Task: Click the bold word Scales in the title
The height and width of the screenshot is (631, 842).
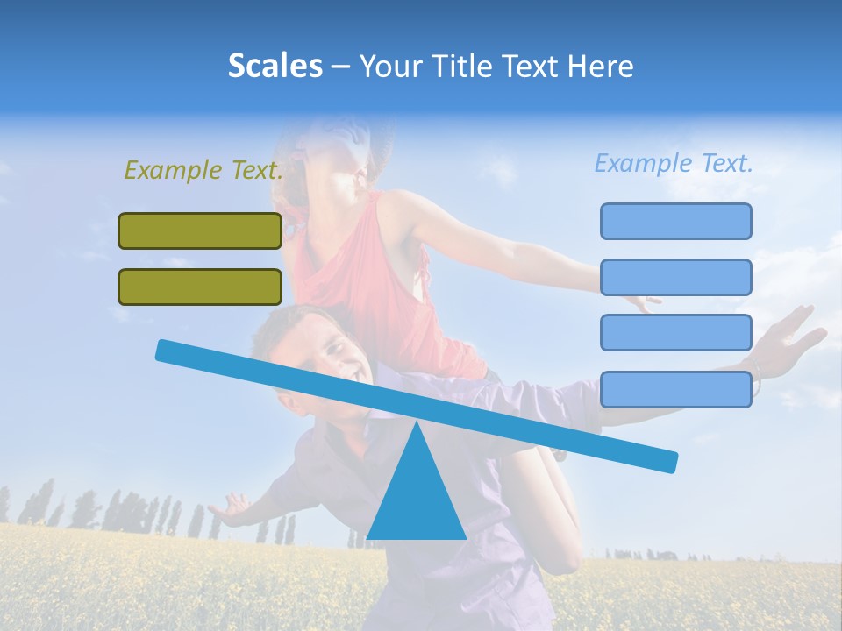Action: point(275,66)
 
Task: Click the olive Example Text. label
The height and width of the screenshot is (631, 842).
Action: point(203,170)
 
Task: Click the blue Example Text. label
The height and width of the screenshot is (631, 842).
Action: point(674,163)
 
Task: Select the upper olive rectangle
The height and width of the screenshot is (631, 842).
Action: point(200,230)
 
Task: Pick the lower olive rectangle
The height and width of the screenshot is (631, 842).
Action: point(200,287)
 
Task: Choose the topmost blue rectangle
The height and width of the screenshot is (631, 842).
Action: point(675,221)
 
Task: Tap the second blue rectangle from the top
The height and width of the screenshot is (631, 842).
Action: point(675,277)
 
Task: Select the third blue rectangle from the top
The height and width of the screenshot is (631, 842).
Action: point(675,332)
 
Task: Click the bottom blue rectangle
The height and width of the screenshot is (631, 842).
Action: point(675,389)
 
